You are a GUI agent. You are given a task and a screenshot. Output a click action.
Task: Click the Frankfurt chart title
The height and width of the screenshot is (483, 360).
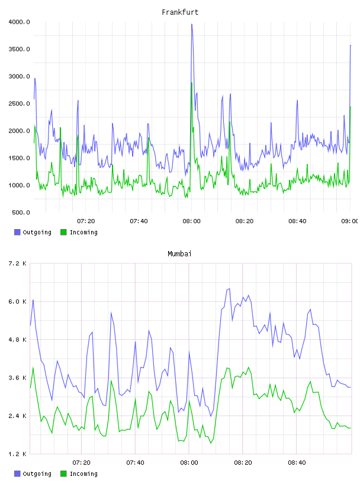pos(180,12)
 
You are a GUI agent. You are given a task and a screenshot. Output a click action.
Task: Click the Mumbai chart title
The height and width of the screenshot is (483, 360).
pos(179,254)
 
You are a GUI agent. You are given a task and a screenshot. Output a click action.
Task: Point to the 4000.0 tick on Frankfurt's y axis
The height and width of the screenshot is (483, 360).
pos(20,22)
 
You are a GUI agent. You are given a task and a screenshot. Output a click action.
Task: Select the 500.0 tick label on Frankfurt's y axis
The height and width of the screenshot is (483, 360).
pos(21,212)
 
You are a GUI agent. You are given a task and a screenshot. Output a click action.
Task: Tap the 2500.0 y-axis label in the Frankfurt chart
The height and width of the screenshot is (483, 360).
pos(20,104)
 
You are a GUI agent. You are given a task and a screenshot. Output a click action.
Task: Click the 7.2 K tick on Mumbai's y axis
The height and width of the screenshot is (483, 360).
pos(18,263)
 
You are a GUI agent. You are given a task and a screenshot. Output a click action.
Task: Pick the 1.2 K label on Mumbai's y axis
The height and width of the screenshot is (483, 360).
pos(18,454)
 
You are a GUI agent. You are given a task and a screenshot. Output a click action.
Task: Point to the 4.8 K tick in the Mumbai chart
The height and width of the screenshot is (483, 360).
pos(18,339)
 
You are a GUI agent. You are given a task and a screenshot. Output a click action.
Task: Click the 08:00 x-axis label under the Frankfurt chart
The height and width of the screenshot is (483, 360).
pos(191,221)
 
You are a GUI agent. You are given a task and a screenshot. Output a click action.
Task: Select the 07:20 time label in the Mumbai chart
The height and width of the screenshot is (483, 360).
pos(81,463)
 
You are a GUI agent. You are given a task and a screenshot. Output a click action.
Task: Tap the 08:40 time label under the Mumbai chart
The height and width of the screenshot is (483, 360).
pos(297,463)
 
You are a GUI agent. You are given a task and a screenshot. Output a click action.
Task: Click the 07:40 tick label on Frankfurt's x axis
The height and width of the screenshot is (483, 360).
pos(139,221)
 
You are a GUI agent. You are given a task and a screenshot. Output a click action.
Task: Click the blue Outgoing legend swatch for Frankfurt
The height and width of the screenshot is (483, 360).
pos(17,232)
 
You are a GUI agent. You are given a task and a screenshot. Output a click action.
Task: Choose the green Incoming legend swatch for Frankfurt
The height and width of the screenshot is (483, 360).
pos(63,232)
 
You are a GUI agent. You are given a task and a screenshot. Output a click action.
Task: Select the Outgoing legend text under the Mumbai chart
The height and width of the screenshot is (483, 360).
pos(37,474)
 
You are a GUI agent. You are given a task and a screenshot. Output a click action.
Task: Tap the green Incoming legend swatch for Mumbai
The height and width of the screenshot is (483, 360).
pos(63,474)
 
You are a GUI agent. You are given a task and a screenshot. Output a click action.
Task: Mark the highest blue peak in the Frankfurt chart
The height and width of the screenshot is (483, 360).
pos(192,24)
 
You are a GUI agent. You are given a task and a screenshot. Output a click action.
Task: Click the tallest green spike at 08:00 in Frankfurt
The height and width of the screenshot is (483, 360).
pos(191,82)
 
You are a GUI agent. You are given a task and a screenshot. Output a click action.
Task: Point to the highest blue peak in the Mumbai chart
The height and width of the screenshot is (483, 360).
pos(229,289)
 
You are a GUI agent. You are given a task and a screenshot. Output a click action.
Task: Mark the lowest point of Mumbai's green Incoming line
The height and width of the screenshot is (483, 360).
pos(211,443)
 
